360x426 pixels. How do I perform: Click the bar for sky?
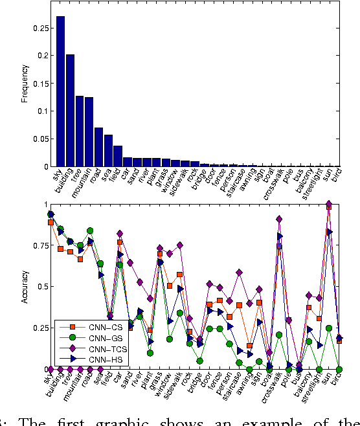tap(60, 91)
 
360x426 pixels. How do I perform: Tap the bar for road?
tap(98, 147)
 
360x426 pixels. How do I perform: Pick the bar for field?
tap(118, 156)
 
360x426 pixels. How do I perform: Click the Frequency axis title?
tap(25, 84)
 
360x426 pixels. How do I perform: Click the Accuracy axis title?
tap(25, 286)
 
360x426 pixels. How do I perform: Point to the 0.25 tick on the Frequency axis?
tap(39, 28)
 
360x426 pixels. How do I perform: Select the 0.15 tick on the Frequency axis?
tap(39, 84)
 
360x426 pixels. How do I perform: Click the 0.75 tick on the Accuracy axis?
tap(39, 245)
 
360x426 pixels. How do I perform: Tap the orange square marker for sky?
tap(51, 222)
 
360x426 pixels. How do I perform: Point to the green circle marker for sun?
tap(329, 328)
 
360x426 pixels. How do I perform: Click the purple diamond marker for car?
tap(120, 233)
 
